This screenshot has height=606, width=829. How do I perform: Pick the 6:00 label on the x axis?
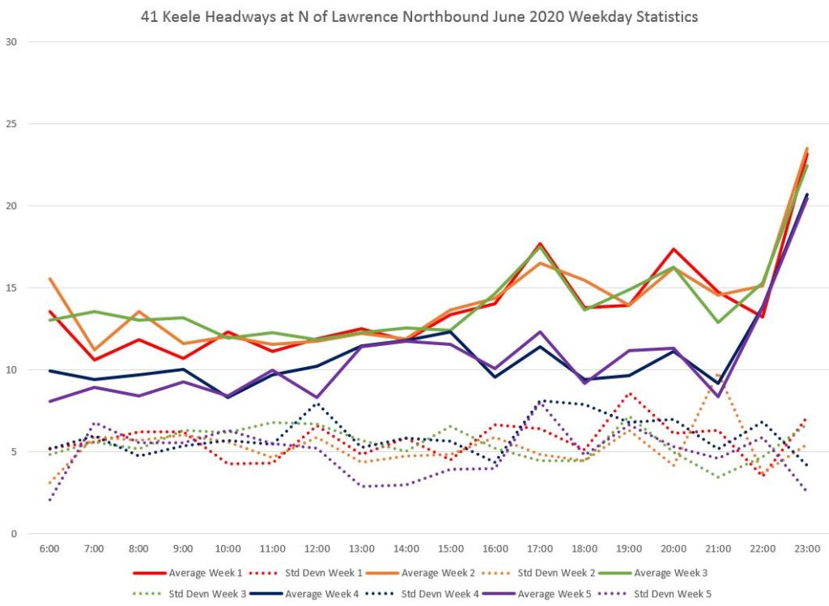49,548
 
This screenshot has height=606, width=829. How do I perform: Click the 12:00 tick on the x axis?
317,548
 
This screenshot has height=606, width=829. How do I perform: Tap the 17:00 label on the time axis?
540,548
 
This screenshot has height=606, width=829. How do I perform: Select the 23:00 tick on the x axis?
807,548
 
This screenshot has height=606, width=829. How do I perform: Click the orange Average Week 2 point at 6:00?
49,279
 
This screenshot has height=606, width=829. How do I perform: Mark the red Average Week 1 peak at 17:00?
540,244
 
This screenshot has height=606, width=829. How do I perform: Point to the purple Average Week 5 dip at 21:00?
718,396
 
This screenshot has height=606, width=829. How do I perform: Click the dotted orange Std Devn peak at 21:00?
718,373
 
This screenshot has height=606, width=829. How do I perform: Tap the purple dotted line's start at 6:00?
49,500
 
